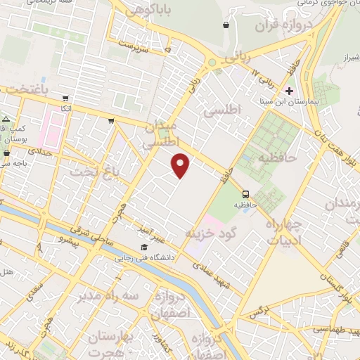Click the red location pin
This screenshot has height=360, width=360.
(x=181, y=165)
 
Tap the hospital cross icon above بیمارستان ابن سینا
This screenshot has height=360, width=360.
(x=289, y=91)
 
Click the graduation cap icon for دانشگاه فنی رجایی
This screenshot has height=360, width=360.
(x=144, y=247)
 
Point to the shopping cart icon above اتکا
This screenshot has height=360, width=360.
(x=65, y=99)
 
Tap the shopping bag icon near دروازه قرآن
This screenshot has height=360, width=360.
(x=226, y=25)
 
